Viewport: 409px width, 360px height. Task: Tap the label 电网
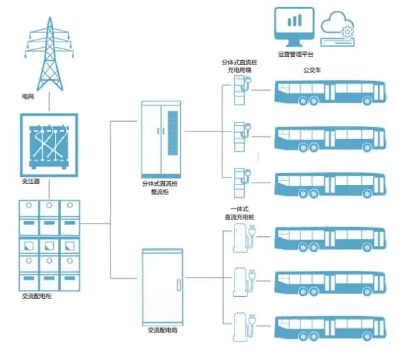pos(27,97)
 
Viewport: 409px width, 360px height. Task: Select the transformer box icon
pos(49,144)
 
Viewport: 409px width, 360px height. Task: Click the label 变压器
pos(31,182)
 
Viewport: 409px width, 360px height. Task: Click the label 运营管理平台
pos(295,54)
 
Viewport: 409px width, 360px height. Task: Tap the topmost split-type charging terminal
pos(242,89)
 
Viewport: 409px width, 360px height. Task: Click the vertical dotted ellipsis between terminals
pos(258,156)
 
